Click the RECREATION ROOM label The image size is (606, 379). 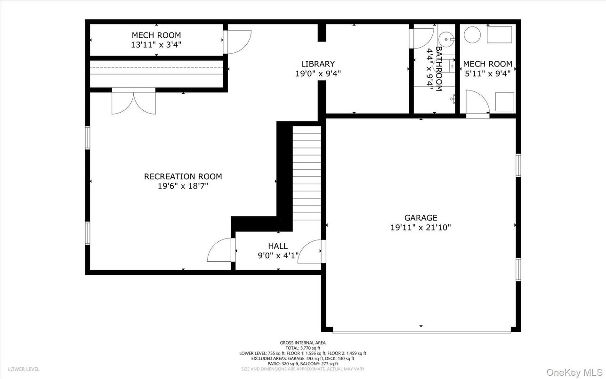point(183,177)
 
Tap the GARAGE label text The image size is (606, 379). point(420,218)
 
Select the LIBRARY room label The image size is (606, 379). point(318,64)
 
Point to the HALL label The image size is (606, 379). point(278,246)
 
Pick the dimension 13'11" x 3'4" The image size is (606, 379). point(156,45)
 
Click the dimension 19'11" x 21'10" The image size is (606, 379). point(420,227)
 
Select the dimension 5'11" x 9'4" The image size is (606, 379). point(487,74)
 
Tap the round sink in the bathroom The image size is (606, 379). point(445,38)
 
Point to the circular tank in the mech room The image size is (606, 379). point(472,34)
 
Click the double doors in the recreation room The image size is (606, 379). point(134,103)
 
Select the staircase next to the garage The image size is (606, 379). point(307,172)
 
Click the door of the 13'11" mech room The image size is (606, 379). point(238,41)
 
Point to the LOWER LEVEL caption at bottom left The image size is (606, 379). point(24,369)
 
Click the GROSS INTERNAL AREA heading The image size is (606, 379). point(303,343)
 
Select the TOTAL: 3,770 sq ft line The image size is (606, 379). point(303,348)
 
